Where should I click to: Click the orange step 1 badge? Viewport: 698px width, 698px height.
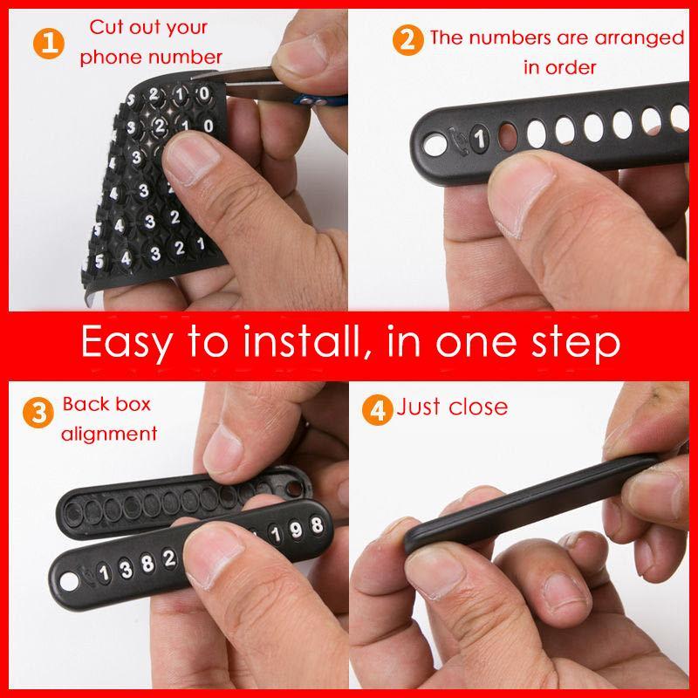point(49,43)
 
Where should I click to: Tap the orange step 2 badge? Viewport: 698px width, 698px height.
point(407,40)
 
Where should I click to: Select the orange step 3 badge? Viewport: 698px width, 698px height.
point(38,412)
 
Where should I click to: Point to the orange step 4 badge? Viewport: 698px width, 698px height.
point(378,409)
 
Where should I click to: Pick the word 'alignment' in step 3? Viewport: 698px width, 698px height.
point(109,434)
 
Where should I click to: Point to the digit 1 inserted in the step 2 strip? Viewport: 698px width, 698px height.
point(479,138)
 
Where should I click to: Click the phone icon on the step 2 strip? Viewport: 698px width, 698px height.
point(459,140)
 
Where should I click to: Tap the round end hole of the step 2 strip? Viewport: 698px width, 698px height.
point(435,145)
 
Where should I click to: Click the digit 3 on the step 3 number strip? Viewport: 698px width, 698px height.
point(127,569)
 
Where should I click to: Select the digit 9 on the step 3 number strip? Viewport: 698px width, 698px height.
point(296,530)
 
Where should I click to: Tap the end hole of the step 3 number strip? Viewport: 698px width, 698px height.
point(69,582)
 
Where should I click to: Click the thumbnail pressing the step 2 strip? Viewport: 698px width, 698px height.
point(522,190)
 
